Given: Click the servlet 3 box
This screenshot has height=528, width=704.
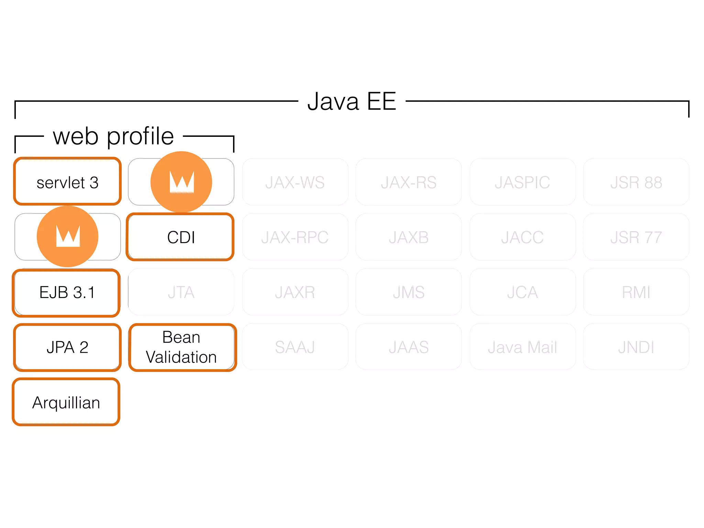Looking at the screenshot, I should (x=67, y=181).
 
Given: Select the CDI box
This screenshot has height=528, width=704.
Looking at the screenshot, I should (x=180, y=237).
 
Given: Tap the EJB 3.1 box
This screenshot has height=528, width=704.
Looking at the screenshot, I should (x=66, y=293).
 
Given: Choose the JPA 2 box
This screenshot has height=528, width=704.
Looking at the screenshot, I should (x=67, y=347).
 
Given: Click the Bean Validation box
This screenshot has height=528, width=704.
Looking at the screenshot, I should (x=182, y=347).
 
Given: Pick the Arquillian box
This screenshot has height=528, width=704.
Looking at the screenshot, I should (x=66, y=402).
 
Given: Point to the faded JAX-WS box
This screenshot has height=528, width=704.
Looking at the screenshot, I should (x=295, y=182).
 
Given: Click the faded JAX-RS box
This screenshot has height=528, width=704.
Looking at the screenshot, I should (x=408, y=182).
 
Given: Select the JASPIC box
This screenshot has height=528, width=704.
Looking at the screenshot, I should (x=522, y=182).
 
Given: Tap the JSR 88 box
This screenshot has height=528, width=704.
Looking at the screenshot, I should (x=636, y=182).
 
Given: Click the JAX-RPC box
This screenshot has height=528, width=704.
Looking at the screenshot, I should (x=295, y=237).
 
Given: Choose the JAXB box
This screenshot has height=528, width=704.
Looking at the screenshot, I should (x=408, y=237).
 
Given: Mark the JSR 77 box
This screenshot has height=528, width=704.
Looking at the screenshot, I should (x=636, y=237).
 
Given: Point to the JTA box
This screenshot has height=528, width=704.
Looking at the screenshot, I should (x=181, y=292).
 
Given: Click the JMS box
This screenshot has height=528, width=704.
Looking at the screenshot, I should (x=408, y=292).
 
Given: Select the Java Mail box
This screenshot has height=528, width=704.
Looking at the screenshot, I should (x=522, y=347).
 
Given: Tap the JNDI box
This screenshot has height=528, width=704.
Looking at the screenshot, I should (x=636, y=347).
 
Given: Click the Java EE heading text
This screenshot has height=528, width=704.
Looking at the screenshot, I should (x=352, y=101).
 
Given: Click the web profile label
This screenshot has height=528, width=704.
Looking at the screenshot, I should (x=113, y=136).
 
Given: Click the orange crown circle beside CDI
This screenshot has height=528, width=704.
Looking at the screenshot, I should (x=68, y=236).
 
